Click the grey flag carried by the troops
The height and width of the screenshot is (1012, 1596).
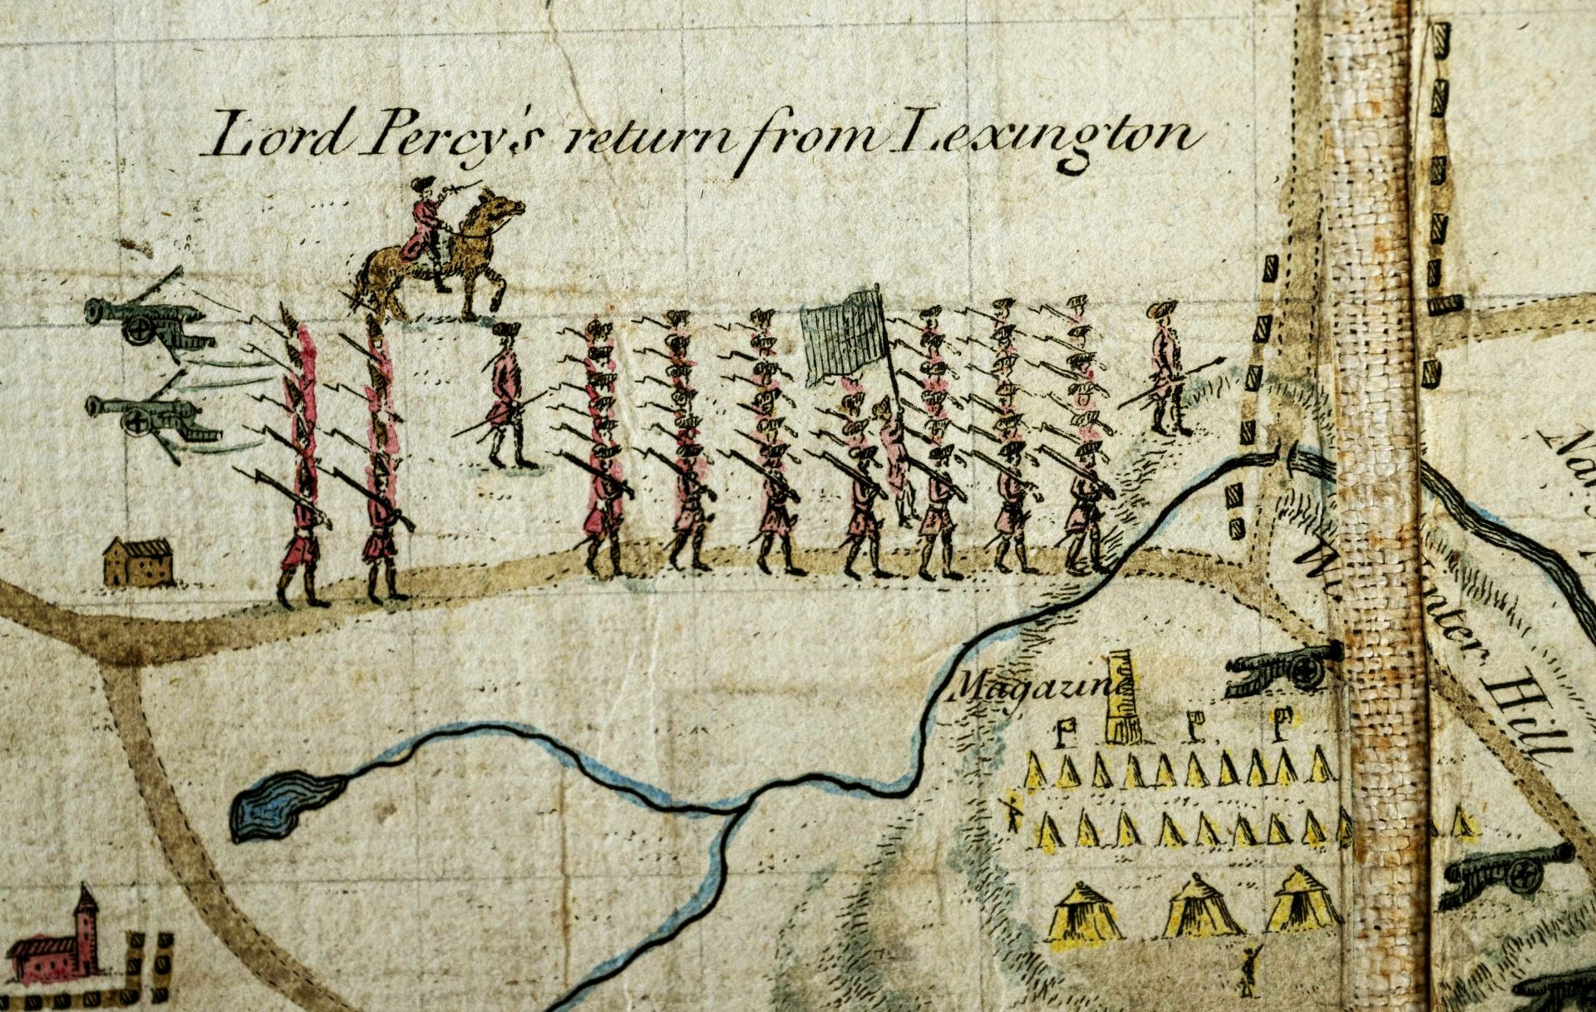coord(841,337)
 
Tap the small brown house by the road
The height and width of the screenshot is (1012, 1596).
coord(138,562)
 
